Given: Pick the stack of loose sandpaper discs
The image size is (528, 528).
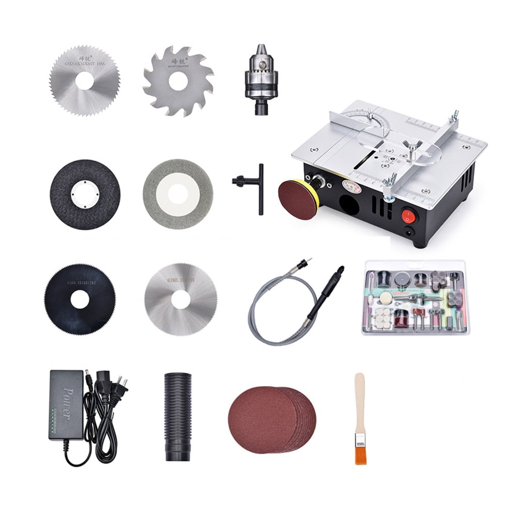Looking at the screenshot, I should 272,420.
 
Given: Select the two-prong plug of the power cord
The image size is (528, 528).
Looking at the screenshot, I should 122,384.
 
